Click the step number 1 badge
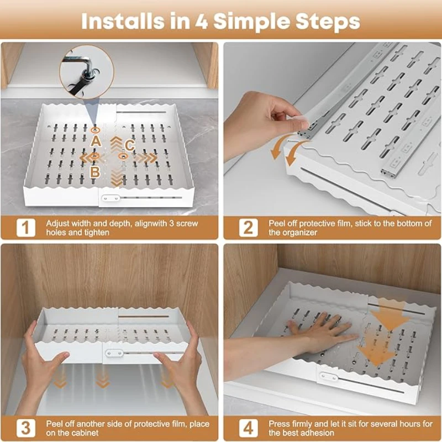tap(25, 228)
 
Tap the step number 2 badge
tap(248, 228)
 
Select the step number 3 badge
tap(25, 428)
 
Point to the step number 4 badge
tap(248, 428)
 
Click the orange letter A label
tap(96, 141)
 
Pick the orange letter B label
tap(95, 171)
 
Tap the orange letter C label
tap(129, 145)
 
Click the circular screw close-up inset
tap(87, 72)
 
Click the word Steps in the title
tap(328, 22)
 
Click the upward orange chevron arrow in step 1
tap(117, 144)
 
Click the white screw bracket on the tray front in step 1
tap(110, 198)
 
